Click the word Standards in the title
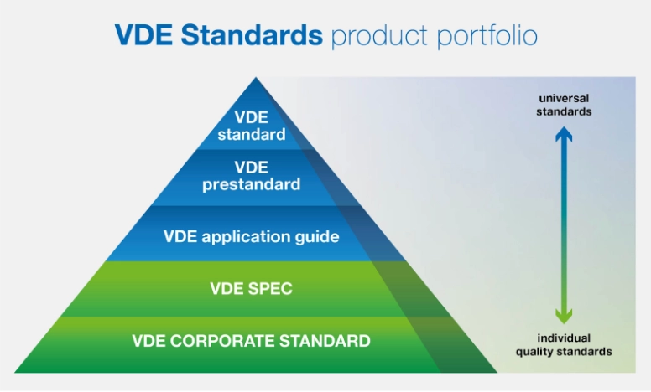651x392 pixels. point(252,34)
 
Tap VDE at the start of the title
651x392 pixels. point(143,34)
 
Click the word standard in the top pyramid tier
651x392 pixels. point(252,134)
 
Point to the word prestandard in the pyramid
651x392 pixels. point(251,184)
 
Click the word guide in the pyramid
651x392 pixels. point(317,236)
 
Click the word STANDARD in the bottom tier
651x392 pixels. point(325,341)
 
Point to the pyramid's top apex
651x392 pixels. point(256,78)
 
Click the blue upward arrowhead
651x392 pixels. point(564,134)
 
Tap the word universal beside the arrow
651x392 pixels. point(564,98)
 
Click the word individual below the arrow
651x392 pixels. point(564,338)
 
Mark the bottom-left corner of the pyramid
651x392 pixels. point(15,372)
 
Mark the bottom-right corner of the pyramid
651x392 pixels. point(497,372)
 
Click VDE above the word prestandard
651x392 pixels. point(251,168)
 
